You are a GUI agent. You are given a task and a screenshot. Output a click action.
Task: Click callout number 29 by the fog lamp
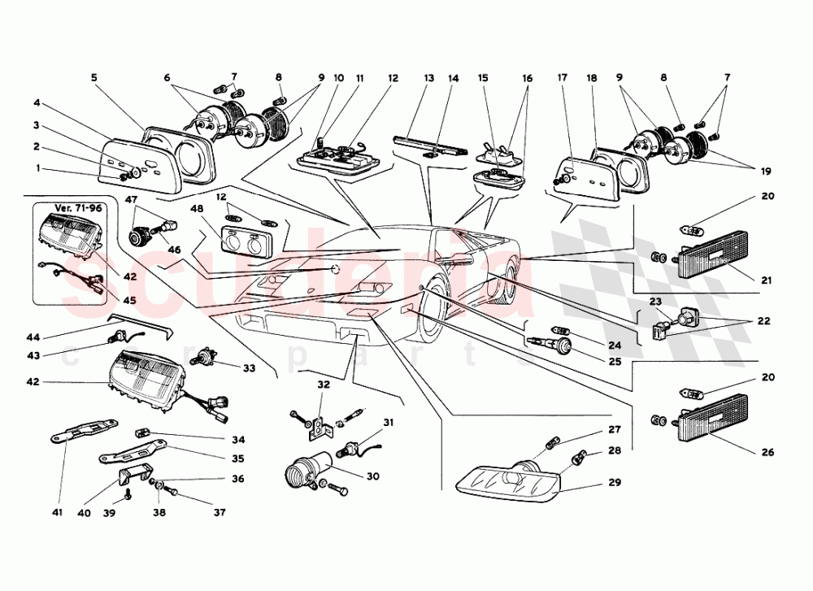614,482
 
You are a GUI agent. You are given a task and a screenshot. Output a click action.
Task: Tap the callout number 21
768,280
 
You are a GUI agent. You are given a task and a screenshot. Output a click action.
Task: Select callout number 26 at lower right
768,452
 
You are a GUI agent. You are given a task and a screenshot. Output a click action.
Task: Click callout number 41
57,512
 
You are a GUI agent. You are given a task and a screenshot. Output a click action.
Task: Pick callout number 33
249,368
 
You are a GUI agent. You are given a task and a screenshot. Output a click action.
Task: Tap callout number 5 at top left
93,79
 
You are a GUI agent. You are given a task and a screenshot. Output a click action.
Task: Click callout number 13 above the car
429,79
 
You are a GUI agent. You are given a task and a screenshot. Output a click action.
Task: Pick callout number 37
220,512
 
